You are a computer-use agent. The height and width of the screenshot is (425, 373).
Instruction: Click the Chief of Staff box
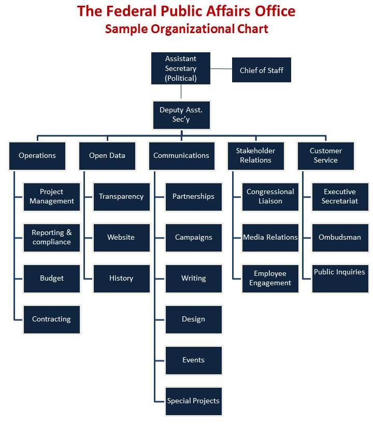coord(261,70)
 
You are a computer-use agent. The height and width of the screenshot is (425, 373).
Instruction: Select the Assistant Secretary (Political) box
coord(181,68)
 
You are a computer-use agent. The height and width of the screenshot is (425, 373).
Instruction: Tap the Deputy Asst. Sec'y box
coord(181,115)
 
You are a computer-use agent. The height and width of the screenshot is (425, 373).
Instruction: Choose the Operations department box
coord(37,155)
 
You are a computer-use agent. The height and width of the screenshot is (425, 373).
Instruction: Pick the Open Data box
coord(107,155)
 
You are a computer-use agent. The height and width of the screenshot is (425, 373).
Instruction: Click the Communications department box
coord(181,155)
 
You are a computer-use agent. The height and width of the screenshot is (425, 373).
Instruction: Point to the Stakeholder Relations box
coord(256,155)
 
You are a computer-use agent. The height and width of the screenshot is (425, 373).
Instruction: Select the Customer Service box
coord(326,155)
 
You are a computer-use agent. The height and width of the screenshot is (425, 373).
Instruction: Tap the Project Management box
coord(52,197)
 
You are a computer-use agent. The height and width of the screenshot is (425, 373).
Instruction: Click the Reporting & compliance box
coord(52,238)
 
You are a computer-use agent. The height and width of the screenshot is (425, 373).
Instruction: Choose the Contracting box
coord(52,319)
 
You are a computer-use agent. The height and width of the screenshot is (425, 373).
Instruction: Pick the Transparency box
coord(121,197)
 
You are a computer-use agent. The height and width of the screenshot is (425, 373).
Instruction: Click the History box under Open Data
coord(121,279)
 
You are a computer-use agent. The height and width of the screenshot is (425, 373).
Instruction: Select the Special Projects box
coord(193,401)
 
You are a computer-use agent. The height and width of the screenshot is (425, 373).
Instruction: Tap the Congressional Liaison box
coord(270,197)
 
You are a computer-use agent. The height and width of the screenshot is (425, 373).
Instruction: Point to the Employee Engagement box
coord(270,279)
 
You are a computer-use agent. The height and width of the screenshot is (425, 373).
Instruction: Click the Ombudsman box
coord(340,238)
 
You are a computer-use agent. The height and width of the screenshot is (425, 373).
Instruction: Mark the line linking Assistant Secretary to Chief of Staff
coord(221,69)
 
